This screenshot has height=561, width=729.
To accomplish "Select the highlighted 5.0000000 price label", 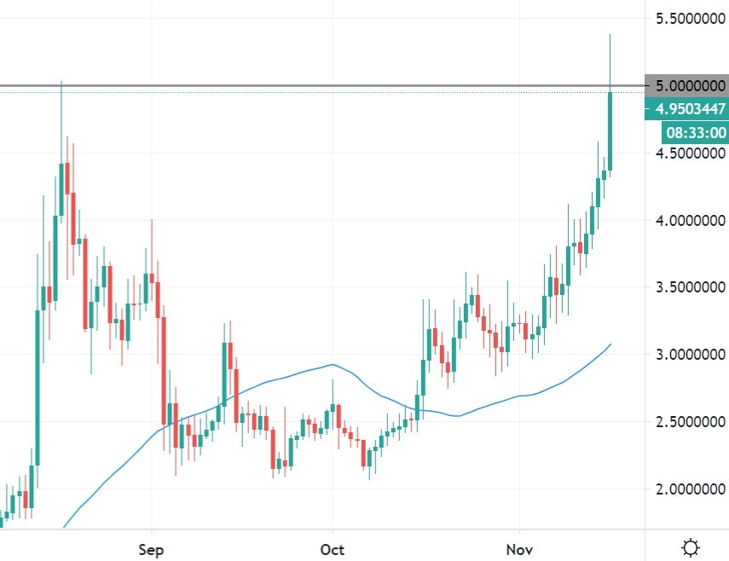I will [689, 86].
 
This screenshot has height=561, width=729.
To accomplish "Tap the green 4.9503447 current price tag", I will [689, 108].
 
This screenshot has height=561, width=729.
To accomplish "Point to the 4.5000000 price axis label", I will [689, 153].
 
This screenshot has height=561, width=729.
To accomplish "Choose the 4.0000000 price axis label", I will [689, 221].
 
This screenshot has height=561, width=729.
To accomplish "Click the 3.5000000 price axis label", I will [689, 287].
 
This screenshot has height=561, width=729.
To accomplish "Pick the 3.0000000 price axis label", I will [689, 355].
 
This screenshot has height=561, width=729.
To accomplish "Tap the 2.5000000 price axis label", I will [689, 422].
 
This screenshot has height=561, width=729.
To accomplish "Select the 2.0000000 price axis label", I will [689, 489].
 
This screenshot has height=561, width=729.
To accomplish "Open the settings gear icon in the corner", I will [691, 546].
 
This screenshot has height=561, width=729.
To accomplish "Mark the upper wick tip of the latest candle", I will [610, 35].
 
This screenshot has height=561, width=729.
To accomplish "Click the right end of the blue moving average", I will [610, 344].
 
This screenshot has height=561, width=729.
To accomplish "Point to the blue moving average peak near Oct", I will [331, 365].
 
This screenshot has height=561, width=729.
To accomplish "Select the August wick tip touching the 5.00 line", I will [61, 83].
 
